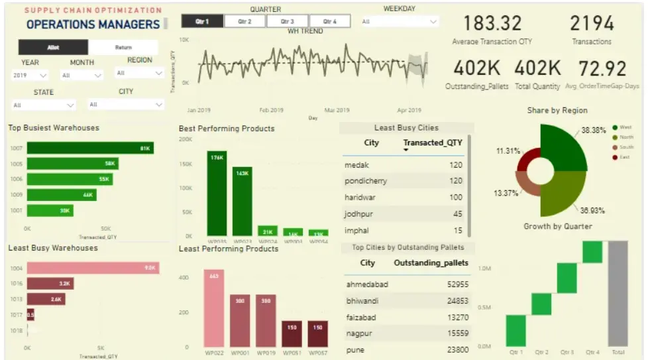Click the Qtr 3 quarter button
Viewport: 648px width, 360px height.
pos(288,21)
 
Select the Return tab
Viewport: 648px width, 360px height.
pos(123,48)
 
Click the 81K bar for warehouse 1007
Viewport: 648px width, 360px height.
pos(90,149)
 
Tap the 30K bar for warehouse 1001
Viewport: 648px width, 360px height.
pos(50,210)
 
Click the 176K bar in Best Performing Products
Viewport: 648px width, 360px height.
pos(217,190)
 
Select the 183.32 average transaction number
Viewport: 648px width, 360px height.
pos(492,24)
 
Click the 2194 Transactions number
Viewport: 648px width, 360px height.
pos(592,24)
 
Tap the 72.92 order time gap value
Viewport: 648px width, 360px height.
pos(602,68)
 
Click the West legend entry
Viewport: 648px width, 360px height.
pos(625,127)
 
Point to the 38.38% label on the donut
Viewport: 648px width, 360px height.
pos(594,130)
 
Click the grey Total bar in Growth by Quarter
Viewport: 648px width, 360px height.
pos(618,293)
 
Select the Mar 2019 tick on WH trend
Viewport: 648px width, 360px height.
pos(337,110)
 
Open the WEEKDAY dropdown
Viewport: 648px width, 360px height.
pos(400,22)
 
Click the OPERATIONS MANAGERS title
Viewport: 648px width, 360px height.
pos(93,25)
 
